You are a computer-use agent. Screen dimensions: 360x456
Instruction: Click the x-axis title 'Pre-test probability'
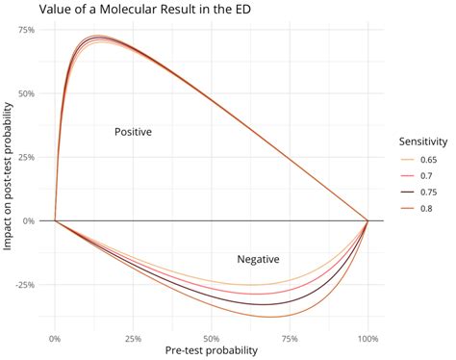pos(212,351)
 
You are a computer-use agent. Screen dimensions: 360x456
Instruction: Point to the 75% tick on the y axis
pos(26,30)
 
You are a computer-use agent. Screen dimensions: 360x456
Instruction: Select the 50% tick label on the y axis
pos(26,93)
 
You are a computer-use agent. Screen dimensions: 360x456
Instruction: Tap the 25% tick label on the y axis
pos(26,157)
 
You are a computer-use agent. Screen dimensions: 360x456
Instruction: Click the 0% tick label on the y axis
pos(29,220)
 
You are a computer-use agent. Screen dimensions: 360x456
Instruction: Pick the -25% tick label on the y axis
pos(24,285)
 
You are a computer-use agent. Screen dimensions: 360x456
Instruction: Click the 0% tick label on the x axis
pos(55,338)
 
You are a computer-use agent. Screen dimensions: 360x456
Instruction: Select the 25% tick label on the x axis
pos(133,338)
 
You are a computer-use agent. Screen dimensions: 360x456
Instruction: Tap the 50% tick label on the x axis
pos(212,338)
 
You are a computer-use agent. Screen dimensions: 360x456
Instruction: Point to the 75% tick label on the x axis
pos(290,338)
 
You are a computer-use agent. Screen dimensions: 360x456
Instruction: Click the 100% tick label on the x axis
pos(367,338)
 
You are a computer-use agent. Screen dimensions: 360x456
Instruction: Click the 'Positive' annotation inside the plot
pos(133,132)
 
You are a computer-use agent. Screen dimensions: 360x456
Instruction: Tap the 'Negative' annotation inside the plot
pos(258,259)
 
